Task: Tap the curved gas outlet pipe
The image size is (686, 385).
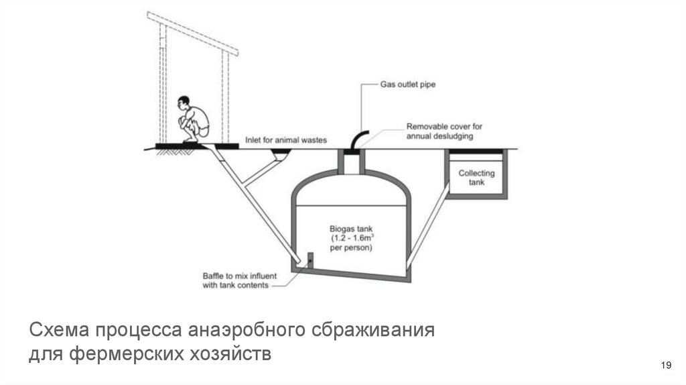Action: (359, 137)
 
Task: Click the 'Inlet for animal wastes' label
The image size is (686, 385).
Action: (285, 140)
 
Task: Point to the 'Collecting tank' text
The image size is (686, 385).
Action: (476, 177)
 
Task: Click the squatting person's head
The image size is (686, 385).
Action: (184, 103)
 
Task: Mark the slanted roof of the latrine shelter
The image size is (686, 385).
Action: (193, 34)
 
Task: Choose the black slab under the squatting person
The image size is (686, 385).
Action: (197, 146)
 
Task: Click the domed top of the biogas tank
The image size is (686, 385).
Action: (351, 181)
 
